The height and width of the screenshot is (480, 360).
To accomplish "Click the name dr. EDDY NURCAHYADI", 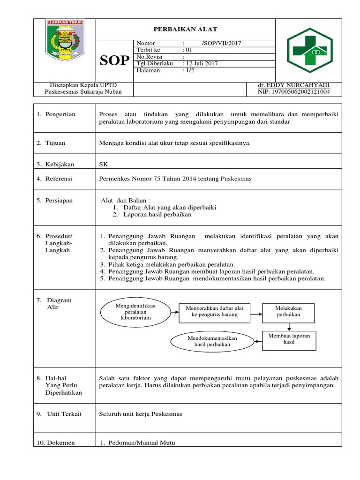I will [293, 85].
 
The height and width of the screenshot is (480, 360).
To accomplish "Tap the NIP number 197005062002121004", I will [293, 92].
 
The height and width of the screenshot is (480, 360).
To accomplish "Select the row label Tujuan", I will [55, 143].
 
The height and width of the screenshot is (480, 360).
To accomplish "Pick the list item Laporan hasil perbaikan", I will [157, 215].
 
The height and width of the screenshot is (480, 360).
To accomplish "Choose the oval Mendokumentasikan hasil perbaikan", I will [212, 341].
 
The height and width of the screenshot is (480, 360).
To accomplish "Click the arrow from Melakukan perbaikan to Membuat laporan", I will [288, 326].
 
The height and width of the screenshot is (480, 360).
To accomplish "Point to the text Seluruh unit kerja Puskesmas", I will [141, 414].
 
